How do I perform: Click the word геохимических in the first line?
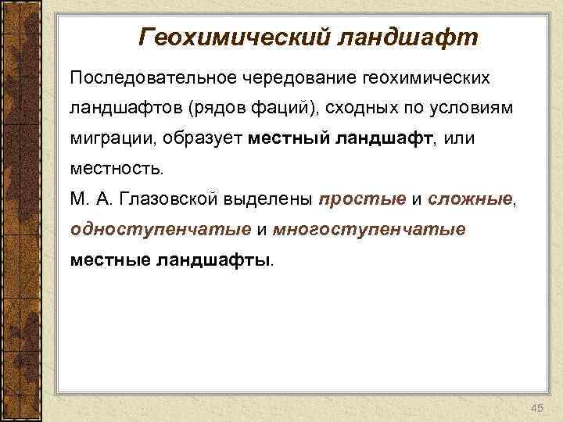(426, 78)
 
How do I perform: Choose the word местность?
(117, 168)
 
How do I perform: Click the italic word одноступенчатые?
(160, 229)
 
